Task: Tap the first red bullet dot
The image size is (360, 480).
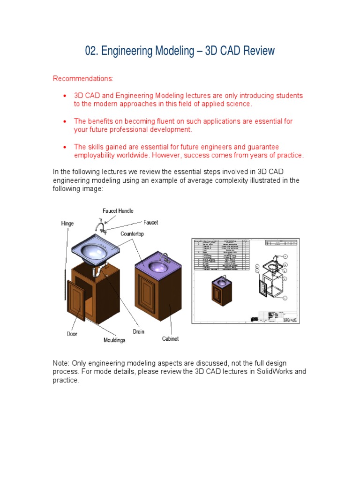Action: pyautogui.click(x=64, y=96)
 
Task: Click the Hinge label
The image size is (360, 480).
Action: pyautogui.click(x=67, y=224)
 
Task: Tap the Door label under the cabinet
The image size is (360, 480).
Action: pyautogui.click(x=72, y=334)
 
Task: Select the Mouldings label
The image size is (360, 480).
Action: pyautogui.click(x=114, y=340)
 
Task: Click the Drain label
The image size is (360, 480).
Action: pyautogui.click(x=139, y=331)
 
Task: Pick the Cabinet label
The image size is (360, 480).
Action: pyautogui.click(x=171, y=338)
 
